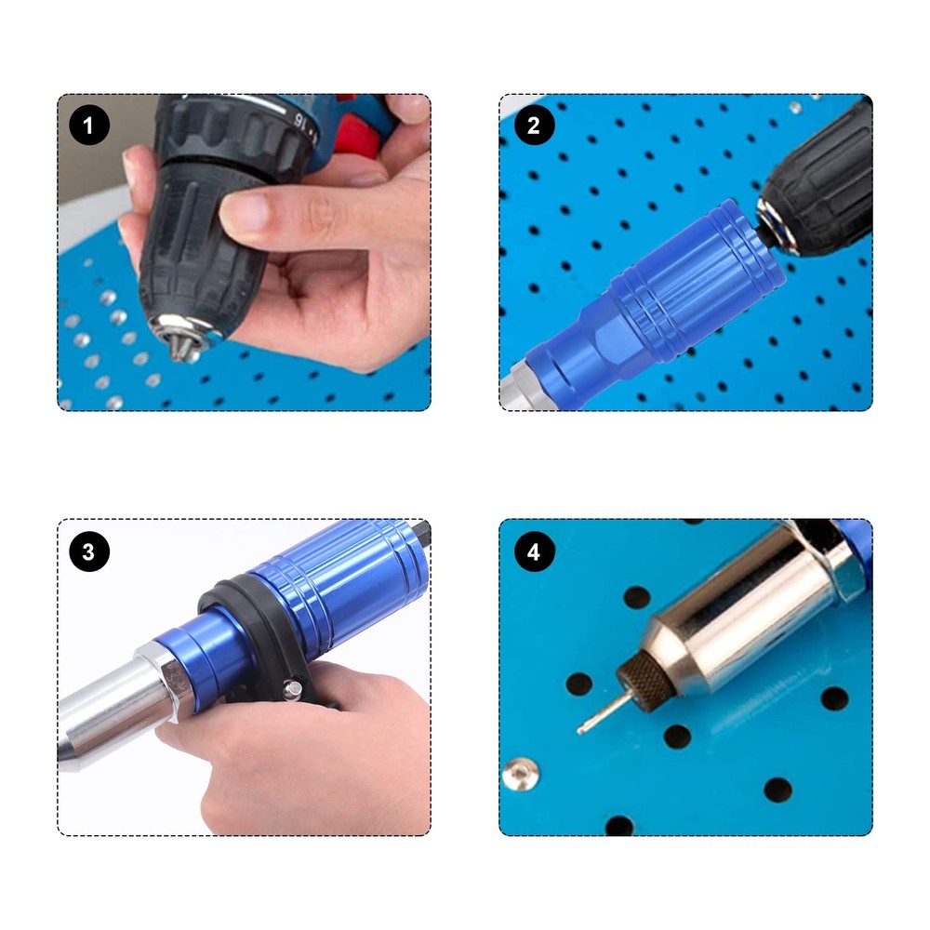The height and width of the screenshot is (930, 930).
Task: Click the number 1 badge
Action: (89, 126)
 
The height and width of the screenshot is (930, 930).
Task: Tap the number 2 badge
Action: (533, 126)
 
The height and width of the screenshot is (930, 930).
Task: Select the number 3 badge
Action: (89, 552)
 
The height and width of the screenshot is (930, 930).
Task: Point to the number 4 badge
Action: (533, 552)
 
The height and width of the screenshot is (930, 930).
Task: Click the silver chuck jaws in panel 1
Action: (183, 336)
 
